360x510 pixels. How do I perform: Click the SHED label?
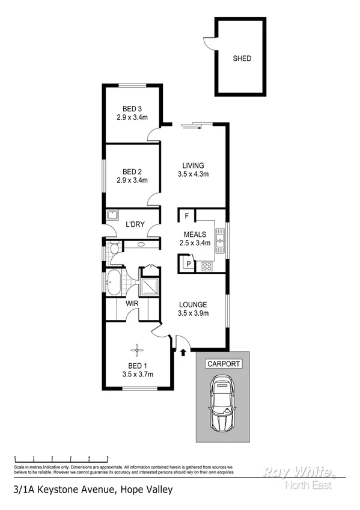point(242,59)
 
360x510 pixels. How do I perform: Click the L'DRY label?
point(134,225)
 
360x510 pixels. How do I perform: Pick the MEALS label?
point(195,235)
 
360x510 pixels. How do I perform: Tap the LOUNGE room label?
point(192,304)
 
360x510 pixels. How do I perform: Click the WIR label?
point(132,304)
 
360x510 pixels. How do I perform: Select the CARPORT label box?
point(224,364)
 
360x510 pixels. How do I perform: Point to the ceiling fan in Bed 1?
point(137,349)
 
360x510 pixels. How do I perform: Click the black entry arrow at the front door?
point(182,352)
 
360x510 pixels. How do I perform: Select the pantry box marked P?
point(188,263)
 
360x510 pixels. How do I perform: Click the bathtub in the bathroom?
point(114,281)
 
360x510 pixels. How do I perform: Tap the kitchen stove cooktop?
point(207,265)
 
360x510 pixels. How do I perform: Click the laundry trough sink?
point(112,215)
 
